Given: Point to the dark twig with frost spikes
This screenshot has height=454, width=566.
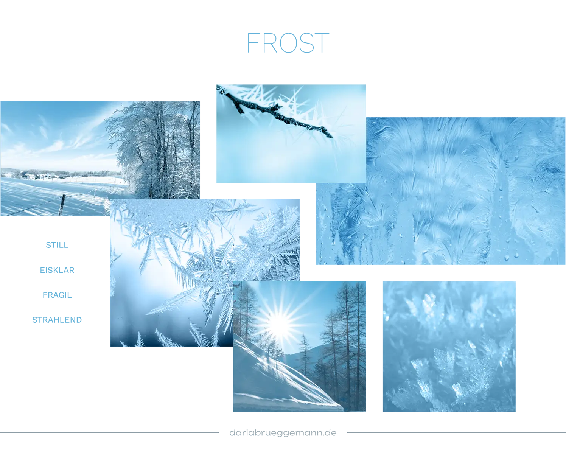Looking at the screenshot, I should (276, 112).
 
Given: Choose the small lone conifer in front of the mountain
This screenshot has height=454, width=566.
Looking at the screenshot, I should (304, 352).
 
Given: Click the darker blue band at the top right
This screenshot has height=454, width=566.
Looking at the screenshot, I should (405, 44).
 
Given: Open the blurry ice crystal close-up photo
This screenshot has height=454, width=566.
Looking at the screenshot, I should (448, 346).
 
